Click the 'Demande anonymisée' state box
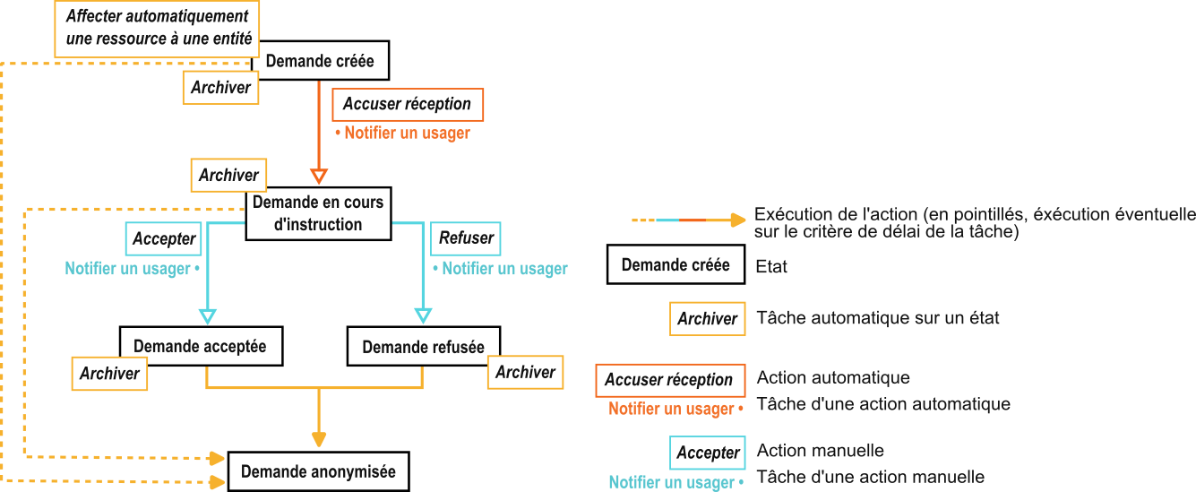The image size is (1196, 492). pos(318,471)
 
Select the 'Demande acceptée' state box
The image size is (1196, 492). pos(200,346)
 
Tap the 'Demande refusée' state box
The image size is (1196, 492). pos(423,347)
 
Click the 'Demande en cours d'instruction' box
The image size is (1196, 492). pos(318,213)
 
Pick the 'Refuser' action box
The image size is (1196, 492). pos(466,238)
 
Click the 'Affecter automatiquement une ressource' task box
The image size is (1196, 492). pos(158,29)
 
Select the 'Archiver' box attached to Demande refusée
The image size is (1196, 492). pos(525,371)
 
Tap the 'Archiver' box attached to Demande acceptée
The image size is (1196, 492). pos(109,373)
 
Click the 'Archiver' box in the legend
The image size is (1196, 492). pos(707,318)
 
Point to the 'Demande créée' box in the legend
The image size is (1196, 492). pos(675,264)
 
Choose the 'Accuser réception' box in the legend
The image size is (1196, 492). pos(669,380)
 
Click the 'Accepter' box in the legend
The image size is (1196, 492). pos(707,453)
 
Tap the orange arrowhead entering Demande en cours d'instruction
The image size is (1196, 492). pos(319,175)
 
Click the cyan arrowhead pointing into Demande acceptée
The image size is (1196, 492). pos(207,315)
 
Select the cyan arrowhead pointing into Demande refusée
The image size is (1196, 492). pos(422,315)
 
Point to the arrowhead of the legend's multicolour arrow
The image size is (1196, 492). pos(737,220)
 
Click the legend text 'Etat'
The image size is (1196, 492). pos(771,266)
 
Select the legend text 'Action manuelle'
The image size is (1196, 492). pos(820,451)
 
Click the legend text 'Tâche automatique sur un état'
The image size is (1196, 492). pos(878,318)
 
